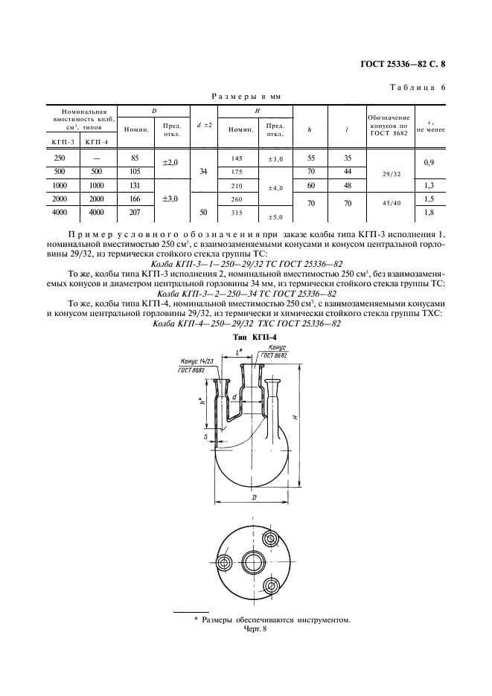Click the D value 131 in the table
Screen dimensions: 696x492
coord(135,185)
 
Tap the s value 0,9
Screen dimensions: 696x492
coord(429,161)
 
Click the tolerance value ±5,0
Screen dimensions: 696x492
coord(275,217)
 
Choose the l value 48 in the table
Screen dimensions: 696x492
coord(348,185)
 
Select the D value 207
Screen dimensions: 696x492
coord(135,213)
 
